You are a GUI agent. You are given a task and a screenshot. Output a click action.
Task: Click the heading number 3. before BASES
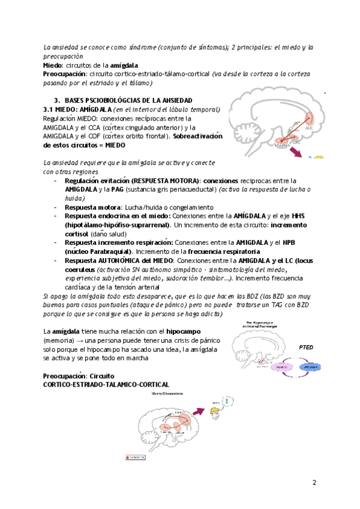(57, 99)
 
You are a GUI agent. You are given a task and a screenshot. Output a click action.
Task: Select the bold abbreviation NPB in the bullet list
(289, 242)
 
